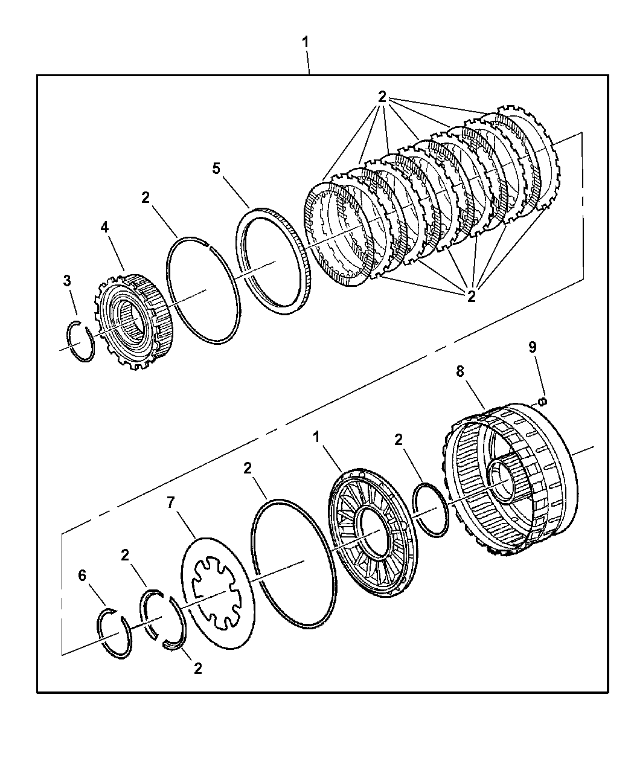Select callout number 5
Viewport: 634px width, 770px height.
(x=216, y=168)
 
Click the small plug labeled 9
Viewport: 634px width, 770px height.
(x=542, y=401)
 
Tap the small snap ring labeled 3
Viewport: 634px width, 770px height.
(x=80, y=343)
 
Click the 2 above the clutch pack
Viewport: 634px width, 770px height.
(x=382, y=97)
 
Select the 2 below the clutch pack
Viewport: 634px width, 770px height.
(x=471, y=296)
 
